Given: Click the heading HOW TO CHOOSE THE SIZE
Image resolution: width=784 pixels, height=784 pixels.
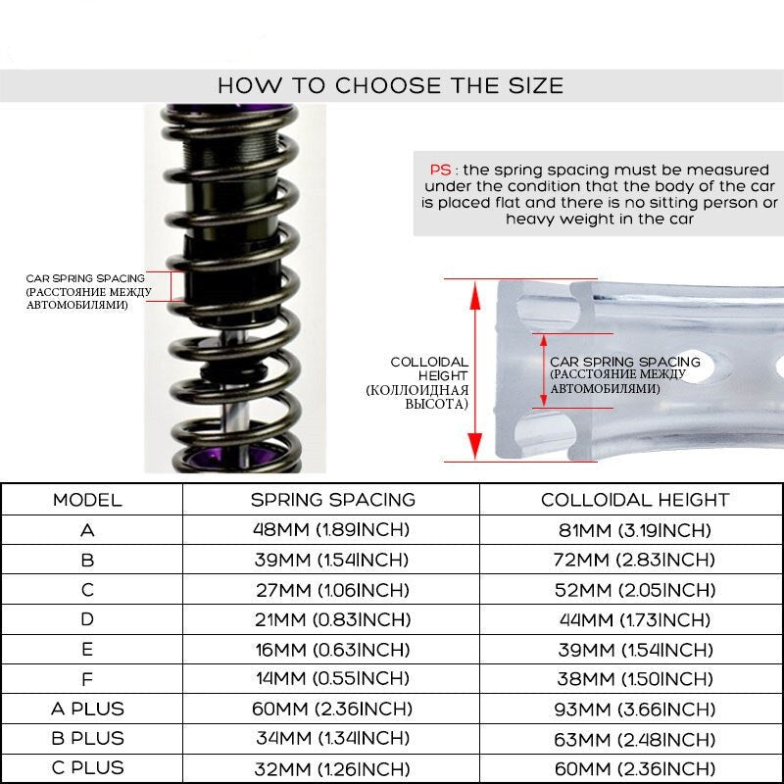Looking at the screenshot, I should [390, 85].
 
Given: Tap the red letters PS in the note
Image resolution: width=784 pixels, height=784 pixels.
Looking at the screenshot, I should [441, 169].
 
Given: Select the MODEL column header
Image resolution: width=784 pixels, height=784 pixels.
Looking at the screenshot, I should [87, 500].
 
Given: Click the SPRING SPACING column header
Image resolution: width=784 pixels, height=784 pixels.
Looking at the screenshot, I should [332, 500].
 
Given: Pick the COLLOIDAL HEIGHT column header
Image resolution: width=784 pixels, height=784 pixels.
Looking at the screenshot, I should [635, 500].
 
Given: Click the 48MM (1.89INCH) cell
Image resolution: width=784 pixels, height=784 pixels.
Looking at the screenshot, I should [332, 530].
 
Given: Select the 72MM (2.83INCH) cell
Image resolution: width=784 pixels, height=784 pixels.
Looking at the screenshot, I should [635, 560].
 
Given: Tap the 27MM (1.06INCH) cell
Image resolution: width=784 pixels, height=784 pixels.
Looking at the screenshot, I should [332, 590].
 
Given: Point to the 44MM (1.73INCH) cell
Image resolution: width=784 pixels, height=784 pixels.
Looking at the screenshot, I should [635, 619].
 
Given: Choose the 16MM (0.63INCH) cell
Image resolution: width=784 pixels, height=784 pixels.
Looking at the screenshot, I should [332, 649].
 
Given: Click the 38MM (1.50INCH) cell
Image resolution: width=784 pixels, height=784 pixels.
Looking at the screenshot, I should [635, 678].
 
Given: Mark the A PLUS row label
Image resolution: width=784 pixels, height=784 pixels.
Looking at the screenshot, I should [87, 709].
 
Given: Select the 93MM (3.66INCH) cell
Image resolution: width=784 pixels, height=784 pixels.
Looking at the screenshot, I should [635, 709].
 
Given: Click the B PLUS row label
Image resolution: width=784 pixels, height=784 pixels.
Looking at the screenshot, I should [87, 738].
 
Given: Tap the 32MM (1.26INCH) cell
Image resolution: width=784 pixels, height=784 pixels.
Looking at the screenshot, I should [332, 767].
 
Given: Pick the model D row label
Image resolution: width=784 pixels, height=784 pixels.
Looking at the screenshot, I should [87, 619].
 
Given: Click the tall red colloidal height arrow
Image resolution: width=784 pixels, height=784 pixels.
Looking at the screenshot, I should [474, 368].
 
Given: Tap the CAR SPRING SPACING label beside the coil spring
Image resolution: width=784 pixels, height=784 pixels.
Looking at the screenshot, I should [85, 278].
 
